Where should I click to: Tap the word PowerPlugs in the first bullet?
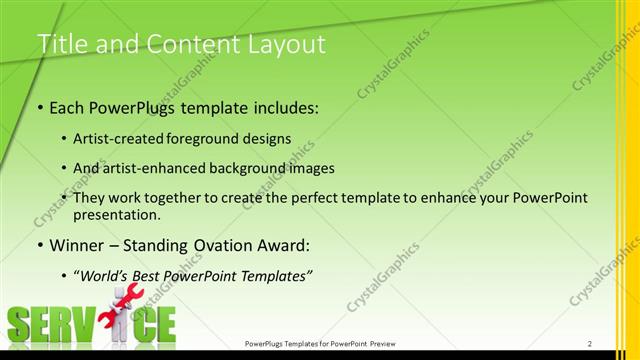[x=131, y=108]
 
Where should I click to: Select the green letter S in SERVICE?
[x=19, y=325]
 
